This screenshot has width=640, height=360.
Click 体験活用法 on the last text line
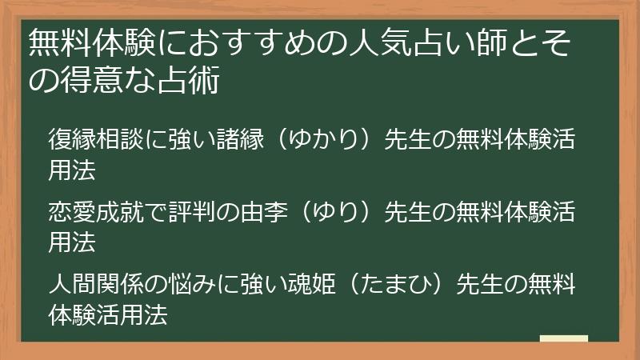tap(107, 314)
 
